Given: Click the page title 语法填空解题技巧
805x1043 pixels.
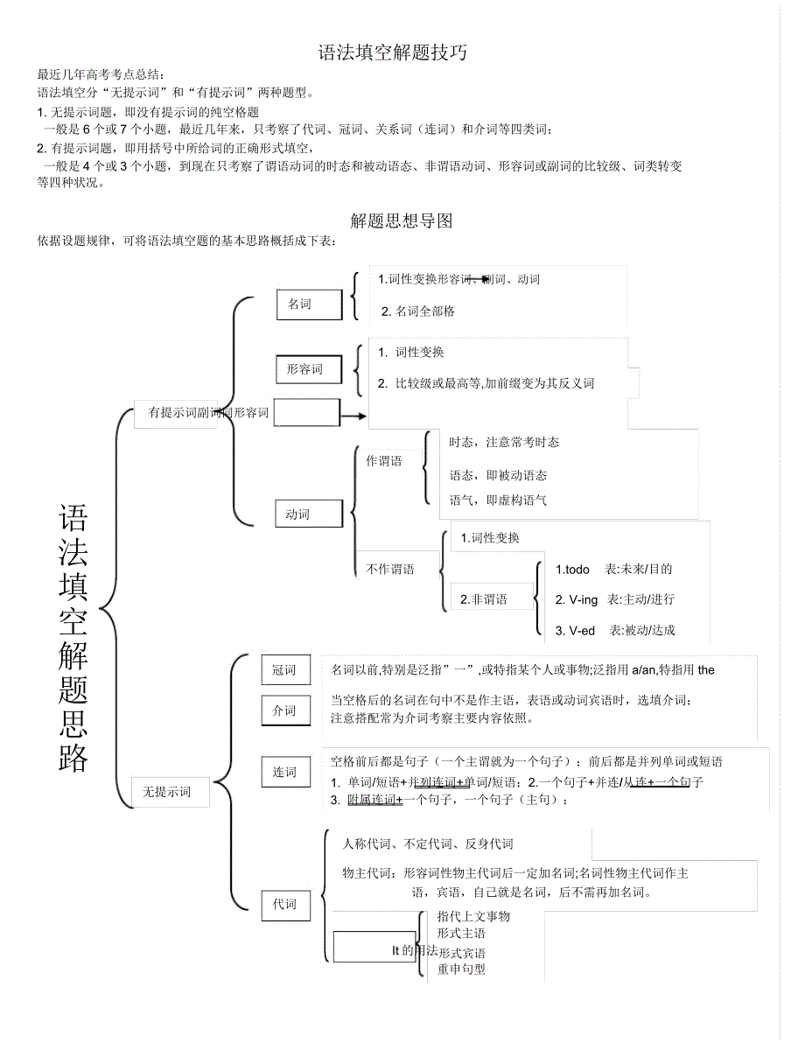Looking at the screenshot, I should [x=392, y=53].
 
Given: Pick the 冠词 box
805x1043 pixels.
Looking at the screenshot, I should [x=284, y=670].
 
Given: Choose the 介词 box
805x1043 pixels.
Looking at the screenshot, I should [x=284, y=710].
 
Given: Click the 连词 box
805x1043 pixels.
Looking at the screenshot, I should [x=284, y=772].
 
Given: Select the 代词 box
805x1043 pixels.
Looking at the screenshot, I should [x=284, y=904].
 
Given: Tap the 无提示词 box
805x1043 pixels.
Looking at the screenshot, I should [x=166, y=792].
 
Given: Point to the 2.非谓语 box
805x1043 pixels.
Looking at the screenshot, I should [x=485, y=599].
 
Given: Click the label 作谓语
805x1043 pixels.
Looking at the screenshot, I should [x=384, y=461].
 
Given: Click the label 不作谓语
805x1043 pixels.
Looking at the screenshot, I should [x=389, y=569].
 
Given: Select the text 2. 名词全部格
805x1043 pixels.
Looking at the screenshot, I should [x=418, y=311].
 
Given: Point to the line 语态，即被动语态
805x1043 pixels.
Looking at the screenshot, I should [x=498, y=475].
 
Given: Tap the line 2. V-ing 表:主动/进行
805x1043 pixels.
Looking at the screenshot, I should [x=615, y=599].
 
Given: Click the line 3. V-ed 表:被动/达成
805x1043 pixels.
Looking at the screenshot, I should [x=615, y=630].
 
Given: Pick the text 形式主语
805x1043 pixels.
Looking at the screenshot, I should [x=462, y=934].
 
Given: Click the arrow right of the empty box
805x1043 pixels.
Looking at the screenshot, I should [x=353, y=415].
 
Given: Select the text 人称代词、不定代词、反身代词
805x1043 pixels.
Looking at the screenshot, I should [x=428, y=843].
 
